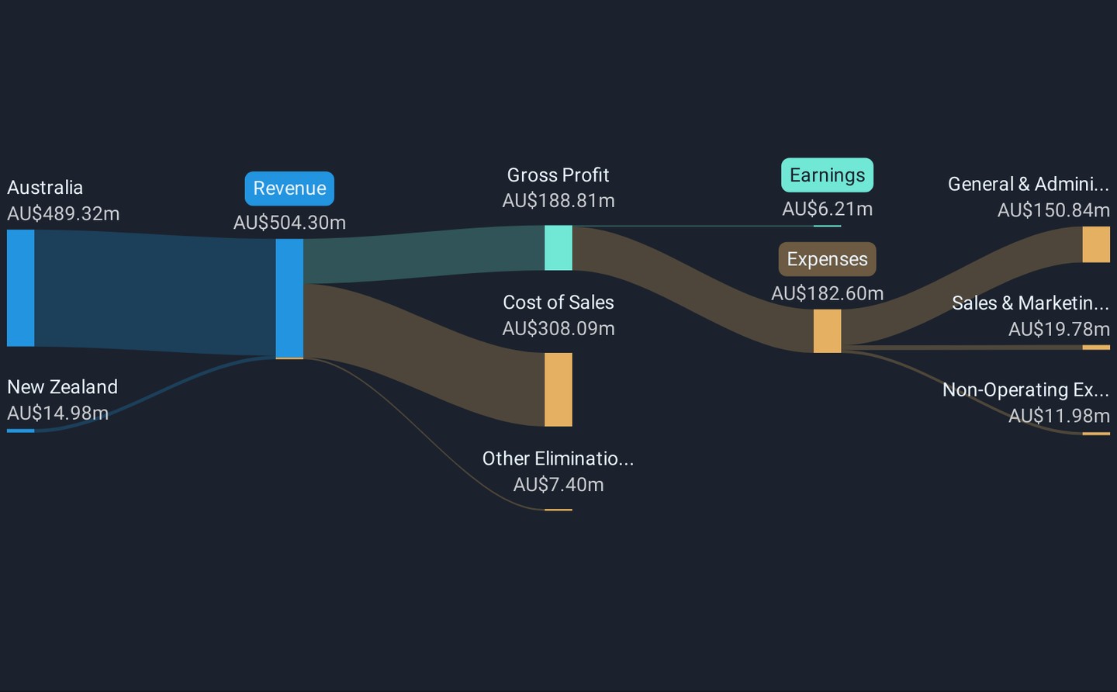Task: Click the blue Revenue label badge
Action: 289,189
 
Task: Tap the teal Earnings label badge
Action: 827,175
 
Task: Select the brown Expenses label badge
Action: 827,259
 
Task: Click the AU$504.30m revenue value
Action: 289,223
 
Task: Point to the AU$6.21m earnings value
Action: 827,209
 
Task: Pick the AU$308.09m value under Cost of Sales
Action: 558,329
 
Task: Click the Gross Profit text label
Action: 558,175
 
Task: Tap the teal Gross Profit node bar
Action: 558,247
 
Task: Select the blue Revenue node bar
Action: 289,298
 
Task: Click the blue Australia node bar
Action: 21,288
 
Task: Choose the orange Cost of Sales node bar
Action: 558,389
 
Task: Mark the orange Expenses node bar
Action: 827,330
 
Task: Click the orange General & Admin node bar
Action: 1096,244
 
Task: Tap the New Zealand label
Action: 63,387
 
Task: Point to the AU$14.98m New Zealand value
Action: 58,413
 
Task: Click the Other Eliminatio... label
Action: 558,458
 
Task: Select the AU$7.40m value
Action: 558,485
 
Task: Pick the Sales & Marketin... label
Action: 1030,303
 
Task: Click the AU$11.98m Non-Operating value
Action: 1059,416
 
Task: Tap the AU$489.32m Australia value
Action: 64,214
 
